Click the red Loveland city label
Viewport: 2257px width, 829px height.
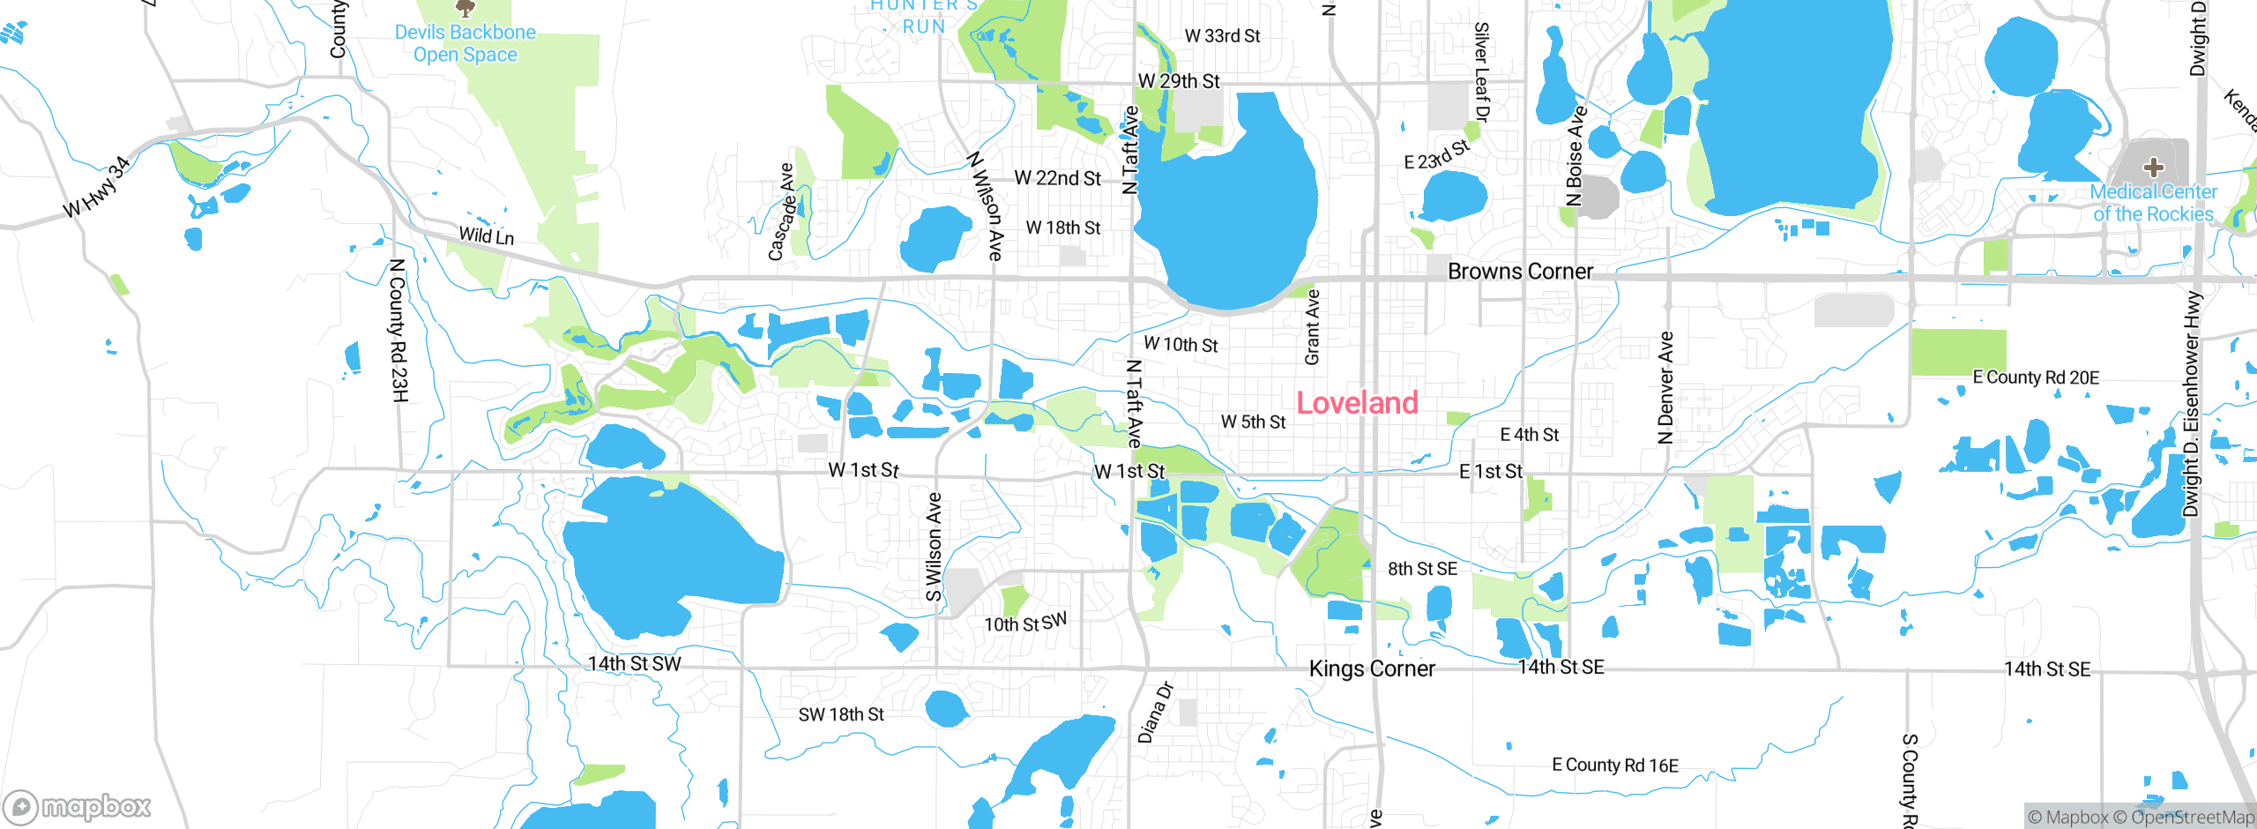pos(1357,403)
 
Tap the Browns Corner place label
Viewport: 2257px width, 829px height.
pos(1520,271)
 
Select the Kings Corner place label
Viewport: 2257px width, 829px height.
pos(1372,668)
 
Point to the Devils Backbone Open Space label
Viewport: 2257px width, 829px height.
pos(465,43)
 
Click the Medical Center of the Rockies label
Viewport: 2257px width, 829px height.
pos(2153,203)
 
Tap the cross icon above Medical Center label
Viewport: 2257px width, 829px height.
pos(2153,167)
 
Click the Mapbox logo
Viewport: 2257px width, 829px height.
pos(78,806)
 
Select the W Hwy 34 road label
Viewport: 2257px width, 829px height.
pos(97,187)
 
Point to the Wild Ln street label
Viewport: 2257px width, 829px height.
pos(486,235)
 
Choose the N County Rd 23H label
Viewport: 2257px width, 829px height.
pos(399,330)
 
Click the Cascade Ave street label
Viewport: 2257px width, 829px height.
pos(781,212)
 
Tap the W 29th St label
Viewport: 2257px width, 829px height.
pos(1179,81)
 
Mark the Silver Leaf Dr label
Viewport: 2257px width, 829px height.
pos(1482,72)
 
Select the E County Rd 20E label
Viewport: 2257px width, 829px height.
pos(2036,377)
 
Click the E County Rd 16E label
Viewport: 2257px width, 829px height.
pos(1615,765)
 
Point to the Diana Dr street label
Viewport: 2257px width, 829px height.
pos(1155,712)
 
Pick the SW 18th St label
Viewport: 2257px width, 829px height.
pos(841,714)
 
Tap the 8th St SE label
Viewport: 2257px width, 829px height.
pos(1422,569)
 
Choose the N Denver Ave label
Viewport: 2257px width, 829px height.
pos(1665,388)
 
